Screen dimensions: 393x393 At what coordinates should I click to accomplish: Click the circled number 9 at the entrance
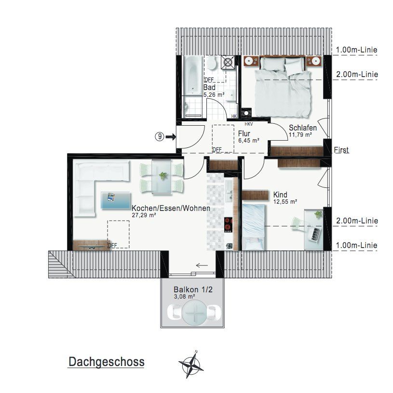click(160, 137)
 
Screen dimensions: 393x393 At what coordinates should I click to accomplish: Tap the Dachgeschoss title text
click(107, 362)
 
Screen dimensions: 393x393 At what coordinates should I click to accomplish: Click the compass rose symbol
click(191, 365)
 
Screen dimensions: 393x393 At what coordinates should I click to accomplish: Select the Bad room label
click(209, 88)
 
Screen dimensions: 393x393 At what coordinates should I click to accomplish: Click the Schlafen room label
click(303, 128)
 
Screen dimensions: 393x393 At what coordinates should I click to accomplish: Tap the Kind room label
click(280, 195)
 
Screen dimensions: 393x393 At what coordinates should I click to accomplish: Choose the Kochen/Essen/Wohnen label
click(171, 208)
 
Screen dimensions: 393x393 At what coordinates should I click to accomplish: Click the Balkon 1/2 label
click(193, 289)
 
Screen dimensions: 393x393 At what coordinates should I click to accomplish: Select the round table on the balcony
click(194, 314)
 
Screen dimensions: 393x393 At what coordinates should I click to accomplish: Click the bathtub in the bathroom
click(193, 75)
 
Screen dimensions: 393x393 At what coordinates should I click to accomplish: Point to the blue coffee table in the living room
click(116, 200)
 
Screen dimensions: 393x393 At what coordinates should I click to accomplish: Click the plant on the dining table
click(163, 176)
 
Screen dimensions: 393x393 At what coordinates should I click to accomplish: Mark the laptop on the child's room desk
click(315, 234)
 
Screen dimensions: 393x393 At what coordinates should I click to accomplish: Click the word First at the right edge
click(341, 150)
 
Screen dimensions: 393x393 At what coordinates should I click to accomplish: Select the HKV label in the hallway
click(249, 124)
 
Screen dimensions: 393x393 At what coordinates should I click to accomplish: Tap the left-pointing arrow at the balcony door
click(202, 265)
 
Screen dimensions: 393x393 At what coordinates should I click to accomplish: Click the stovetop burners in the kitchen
click(229, 224)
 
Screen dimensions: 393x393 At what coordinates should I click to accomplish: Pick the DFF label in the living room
click(112, 245)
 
